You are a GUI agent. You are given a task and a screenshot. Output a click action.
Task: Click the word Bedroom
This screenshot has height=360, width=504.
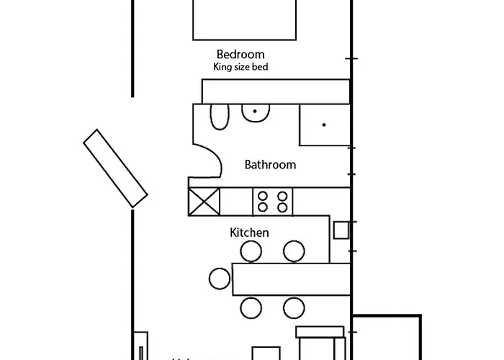(x=240, y=54)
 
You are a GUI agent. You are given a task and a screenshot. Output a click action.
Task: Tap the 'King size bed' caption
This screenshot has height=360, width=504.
(x=241, y=68)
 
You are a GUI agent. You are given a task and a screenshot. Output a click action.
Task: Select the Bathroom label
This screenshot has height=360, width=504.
(x=270, y=165)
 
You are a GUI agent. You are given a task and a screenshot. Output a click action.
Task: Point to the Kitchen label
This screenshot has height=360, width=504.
(x=249, y=233)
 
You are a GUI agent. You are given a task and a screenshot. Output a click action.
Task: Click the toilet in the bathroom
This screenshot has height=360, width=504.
(x=219, y=116)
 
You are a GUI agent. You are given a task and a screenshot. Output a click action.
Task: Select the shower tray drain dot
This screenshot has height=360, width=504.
(x=325, y=125)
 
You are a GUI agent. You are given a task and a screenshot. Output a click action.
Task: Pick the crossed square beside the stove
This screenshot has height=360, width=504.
(x=203, y=200)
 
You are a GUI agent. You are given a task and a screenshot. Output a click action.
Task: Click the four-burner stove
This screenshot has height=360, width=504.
(x=272, y=201)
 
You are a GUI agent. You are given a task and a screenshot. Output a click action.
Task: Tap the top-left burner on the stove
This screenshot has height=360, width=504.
(x=263, y=195)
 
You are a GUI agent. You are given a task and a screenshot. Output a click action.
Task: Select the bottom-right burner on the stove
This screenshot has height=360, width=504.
(x=282, y=207)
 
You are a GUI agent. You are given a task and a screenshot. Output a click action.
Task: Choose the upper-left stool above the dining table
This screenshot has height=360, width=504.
(x=251, y=251)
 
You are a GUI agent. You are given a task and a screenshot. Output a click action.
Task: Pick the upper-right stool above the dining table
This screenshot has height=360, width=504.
(x=293, y=251)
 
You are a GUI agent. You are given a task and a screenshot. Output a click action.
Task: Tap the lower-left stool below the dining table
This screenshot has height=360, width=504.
(x=251, y=307)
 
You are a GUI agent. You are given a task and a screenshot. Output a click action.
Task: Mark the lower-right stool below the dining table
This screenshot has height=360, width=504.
(x=293, y=307)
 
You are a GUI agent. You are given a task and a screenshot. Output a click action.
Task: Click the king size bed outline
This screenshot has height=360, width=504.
(x=244, y=19)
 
